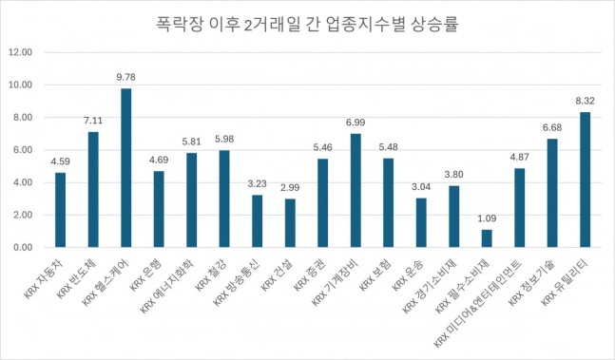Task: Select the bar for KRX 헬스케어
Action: click(x=126, y=168)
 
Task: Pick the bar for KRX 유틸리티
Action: click(x=586, y=180)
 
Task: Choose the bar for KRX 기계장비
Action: click(x=356, y=190)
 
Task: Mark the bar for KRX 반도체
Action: click(x=93, y=189)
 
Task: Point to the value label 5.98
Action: click(x=224, y=141)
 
